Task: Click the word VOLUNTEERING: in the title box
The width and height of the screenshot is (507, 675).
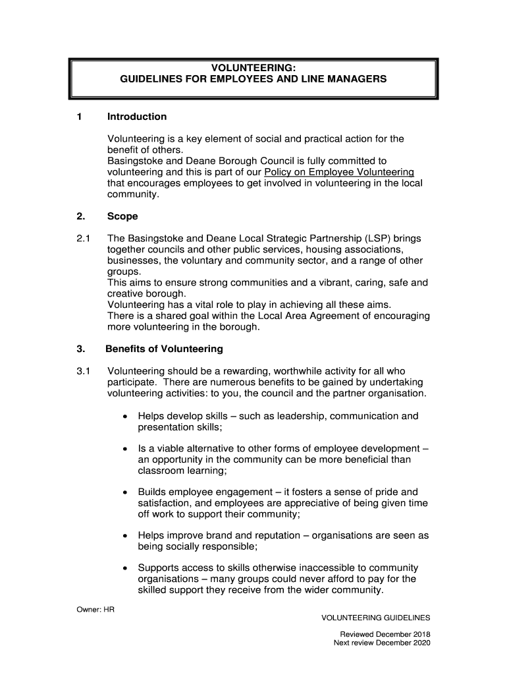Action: click(253, 67)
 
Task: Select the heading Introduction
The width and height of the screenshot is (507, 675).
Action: click(137, 117)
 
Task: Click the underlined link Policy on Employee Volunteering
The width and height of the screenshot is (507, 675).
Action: click(339, 172)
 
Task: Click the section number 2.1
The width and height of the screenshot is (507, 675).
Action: click(83, 237)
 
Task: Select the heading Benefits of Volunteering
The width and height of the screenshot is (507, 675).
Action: click(165, 349)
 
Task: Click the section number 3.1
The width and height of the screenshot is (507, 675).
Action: click(83, 370)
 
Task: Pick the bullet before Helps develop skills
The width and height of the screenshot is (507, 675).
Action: click(125, 417)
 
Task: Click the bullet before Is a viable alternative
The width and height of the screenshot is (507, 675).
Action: click(125, 449)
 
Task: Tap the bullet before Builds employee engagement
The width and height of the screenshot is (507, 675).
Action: click(125, 492)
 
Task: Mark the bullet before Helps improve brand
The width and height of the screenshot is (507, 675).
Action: click(125, 536)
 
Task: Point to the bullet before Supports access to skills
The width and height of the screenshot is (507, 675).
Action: click(125, 568)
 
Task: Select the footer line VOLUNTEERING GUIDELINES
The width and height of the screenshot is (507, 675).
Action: click(375, 618)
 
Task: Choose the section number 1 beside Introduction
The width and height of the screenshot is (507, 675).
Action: click(79, 117)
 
